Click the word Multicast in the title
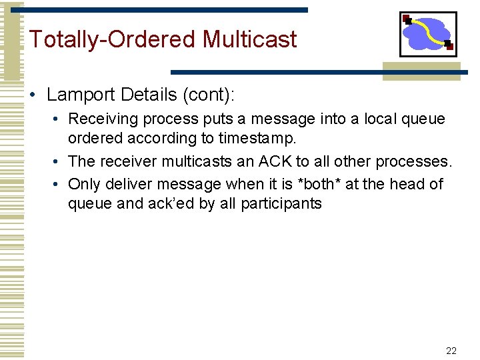click(249, 39)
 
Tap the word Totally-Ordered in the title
click(113, 39)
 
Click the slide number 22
click(451, 351)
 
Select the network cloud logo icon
click(428, 33)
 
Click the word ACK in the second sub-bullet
click(274, 162)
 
